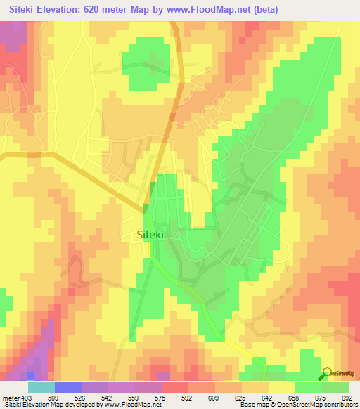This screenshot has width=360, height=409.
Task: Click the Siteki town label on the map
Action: [x=148, y=237]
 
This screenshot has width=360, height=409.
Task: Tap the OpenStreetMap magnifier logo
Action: [x=328, y=373]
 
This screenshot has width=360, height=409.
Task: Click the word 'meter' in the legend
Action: [x=10, y=397]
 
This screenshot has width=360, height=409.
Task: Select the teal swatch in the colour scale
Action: [x=41, y=387]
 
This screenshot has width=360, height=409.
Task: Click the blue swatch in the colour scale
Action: [x=67, y=387]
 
